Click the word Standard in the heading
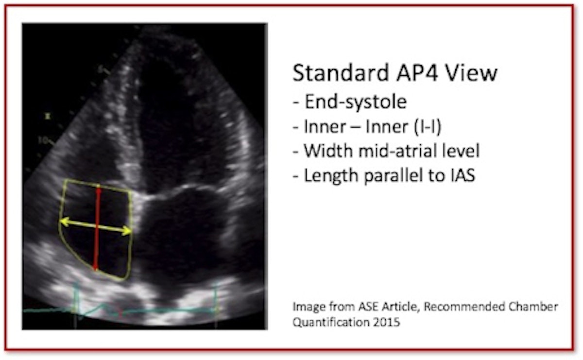tap(341, 73)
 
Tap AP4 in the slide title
tap(417, 73)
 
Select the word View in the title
tap(471, 73)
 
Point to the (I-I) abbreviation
tap(428, 127)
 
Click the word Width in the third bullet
tap(328, 151)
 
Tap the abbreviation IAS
tap(462, 175)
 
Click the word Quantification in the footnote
tap(331, 323)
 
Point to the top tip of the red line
tap(98, 188)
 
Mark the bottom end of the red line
tap(95, 270)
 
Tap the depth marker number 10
tap(43, 140)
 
